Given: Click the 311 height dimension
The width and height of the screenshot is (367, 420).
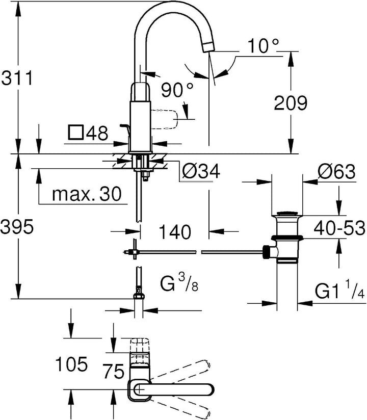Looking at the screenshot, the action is tap(17, 78).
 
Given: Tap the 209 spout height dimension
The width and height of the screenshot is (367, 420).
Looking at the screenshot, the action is tap(291, 102).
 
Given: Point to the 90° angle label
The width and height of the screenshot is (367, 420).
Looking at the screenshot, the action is tap(177, 90).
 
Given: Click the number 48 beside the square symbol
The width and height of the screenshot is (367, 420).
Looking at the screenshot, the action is tap(97, 133).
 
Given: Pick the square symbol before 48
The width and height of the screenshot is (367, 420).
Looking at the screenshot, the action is tap(76, 133).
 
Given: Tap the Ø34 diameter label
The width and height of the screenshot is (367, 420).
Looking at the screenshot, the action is tap(201, 171).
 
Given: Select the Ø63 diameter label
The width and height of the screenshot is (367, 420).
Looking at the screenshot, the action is tap(336, 171).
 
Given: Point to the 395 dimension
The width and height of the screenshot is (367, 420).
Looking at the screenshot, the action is tap(17, 227).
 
